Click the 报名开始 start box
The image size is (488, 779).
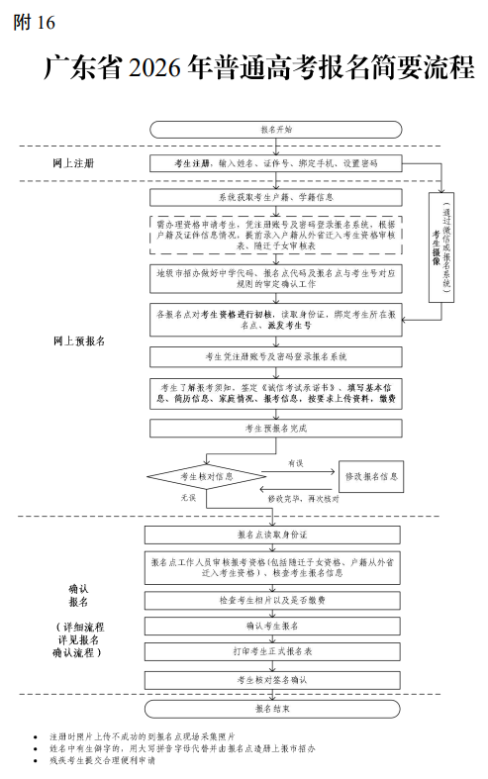276,129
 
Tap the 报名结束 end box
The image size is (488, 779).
276,709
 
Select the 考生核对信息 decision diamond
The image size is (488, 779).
206,476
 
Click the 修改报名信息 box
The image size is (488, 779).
371,476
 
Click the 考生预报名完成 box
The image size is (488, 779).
276,429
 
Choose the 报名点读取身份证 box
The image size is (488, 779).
276,535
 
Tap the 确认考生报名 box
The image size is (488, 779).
276,627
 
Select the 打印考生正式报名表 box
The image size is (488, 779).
276,652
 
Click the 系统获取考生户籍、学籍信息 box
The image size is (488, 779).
276,197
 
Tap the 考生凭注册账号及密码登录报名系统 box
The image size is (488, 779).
276,355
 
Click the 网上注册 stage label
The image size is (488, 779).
74,161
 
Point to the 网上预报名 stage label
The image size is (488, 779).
78,340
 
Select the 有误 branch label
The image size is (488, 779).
296,463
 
